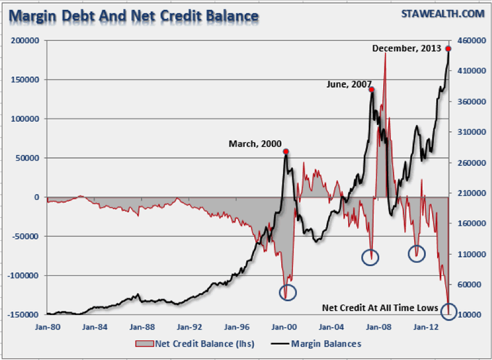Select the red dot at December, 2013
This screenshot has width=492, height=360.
click(x=448, y=49)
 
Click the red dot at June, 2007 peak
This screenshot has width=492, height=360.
click(x=371, y=89)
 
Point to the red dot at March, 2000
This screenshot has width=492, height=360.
click(x=286, y=151)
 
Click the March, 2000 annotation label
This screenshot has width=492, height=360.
click(x=255, y=144)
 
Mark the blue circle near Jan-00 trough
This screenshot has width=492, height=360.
click(x=287, y=292)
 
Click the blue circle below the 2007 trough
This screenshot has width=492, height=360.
click(x=370, y=257)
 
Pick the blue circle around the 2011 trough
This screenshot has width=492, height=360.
click(x=417, y=253)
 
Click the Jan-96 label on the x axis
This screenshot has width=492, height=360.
click(x=238, y=327)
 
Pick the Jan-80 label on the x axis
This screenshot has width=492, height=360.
click(x=47, y=327)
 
